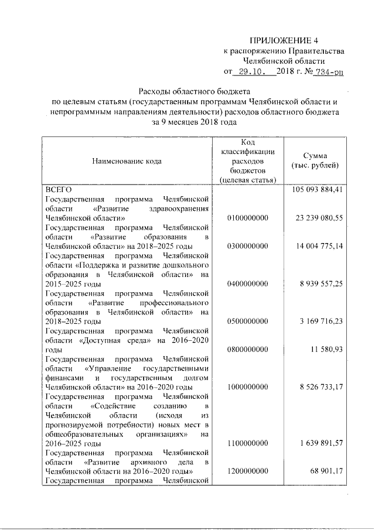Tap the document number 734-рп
click(329, 72)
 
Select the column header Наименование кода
click(127, 162)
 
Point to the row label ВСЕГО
click(58, 190)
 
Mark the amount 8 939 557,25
click(322, 284)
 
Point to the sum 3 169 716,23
click(322, 322)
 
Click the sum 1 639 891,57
click(322, 443)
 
